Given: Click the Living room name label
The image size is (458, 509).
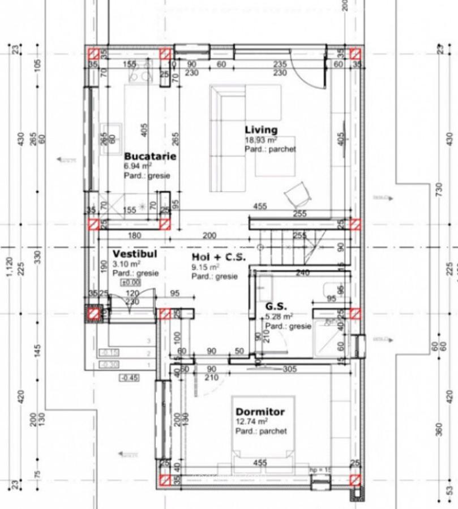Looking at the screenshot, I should click(x=261, y=130).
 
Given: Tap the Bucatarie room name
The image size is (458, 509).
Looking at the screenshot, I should click(x=150, y=156).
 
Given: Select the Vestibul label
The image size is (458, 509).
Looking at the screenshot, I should click(x=134, y=254).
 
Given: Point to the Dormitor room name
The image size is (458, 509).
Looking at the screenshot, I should click(x=260, y=412).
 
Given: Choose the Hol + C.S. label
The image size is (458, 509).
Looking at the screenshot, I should click(x=218, y=257).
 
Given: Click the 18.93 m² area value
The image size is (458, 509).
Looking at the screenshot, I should click(x=260, y=140).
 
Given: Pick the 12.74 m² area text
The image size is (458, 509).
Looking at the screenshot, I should click(x=251, y=422).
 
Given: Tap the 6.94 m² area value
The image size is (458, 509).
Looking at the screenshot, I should click(x=138, y=166).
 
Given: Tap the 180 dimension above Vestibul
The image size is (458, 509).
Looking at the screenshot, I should click(x=135, y=235).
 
